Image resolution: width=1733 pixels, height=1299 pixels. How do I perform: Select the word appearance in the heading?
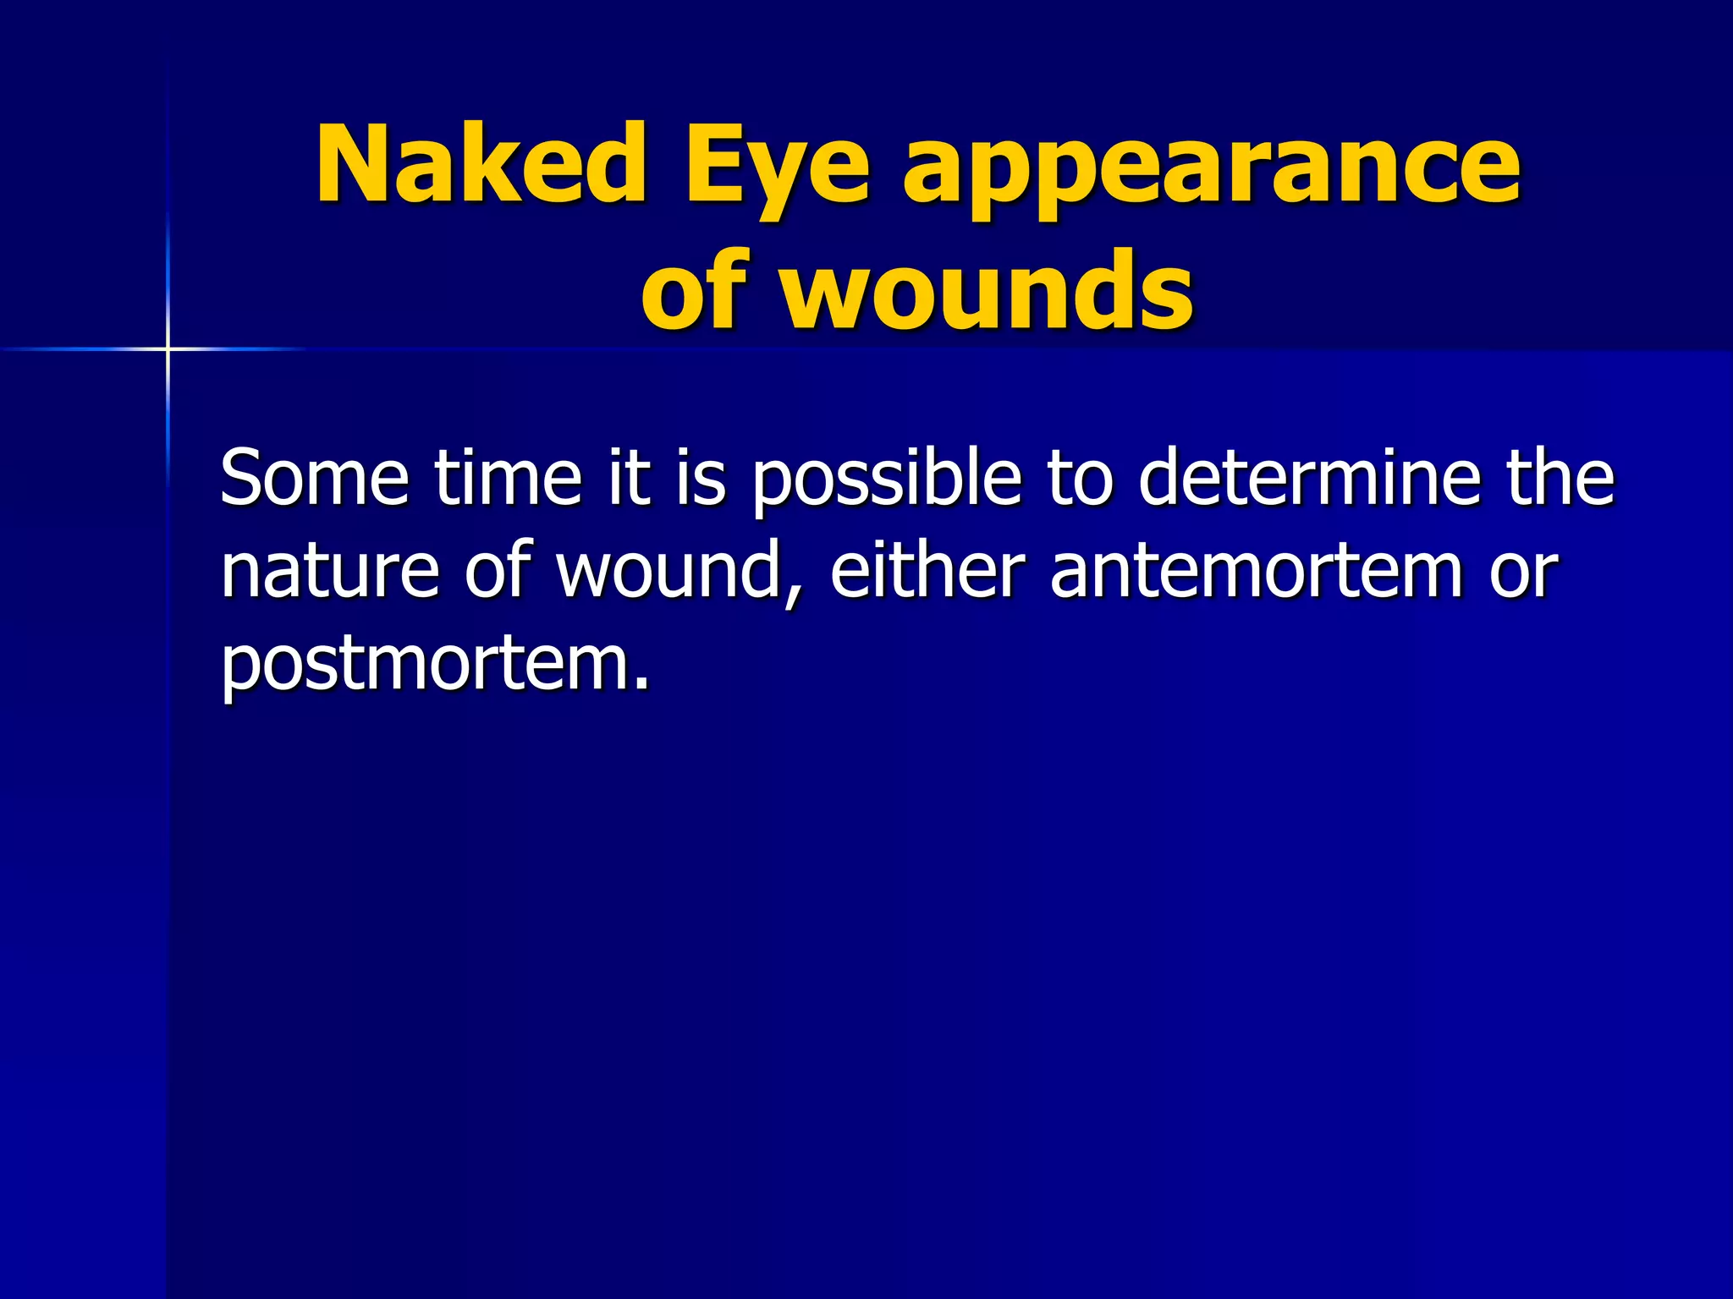click(x=1212, y=169)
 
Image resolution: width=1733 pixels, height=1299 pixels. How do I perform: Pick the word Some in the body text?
click(x=315, y=478)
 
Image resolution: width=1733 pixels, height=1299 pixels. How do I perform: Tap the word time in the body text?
click(x=509, y=478)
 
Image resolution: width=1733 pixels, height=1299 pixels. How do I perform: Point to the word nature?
click(x=330, y=573)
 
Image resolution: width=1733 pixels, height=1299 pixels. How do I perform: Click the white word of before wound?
click(x=501, y=571)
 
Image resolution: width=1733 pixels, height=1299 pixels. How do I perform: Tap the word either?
click(x=928, y=571)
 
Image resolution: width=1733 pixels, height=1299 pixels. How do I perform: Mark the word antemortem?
click(x=1257, y=573)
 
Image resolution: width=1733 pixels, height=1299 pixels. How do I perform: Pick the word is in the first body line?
click(x=699, y=478)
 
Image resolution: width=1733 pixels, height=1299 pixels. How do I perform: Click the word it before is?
click(x=630, y=478)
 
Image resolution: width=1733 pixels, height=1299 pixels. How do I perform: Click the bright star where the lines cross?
click(x=168, y=348)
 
